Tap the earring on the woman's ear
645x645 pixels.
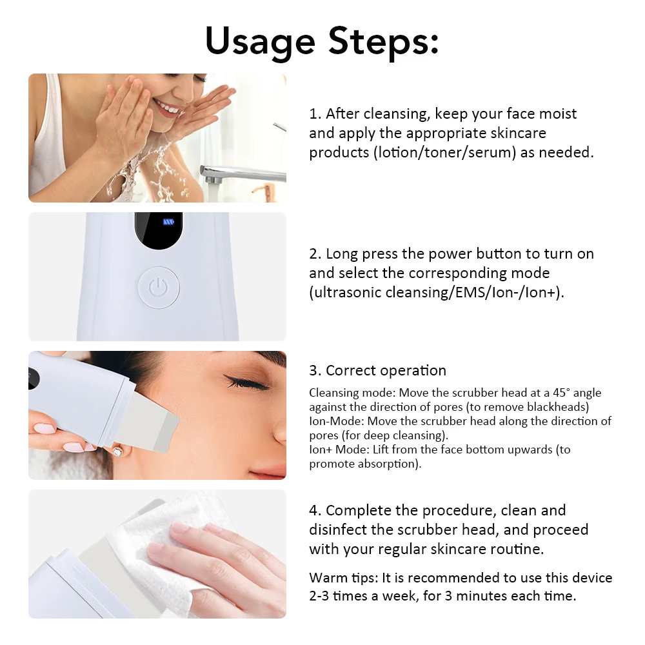pos(117,451)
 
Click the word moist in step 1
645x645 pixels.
pos(555,114)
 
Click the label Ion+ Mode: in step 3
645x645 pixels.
pos(335,450)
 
